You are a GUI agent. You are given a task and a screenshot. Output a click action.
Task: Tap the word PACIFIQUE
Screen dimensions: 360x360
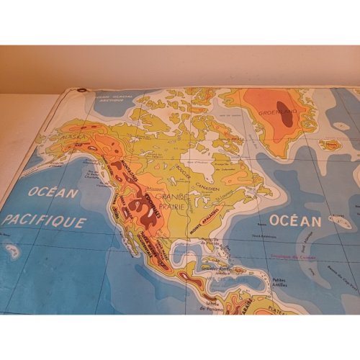(45, 222)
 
